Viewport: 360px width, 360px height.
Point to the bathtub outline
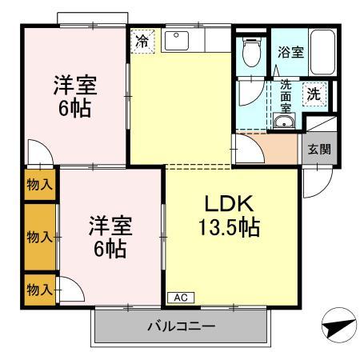click(x=324, y=52)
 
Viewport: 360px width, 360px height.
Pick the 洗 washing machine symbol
click(x=315, y=94)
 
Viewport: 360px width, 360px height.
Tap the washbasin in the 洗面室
click(x=283, y=122)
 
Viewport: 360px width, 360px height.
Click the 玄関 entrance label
click(x=314, y=149)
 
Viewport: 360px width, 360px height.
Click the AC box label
click(x=180, y=298)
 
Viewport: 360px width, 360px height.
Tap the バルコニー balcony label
click(x=180, y=327)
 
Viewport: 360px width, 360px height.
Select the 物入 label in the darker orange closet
click(x=39, y=237)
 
